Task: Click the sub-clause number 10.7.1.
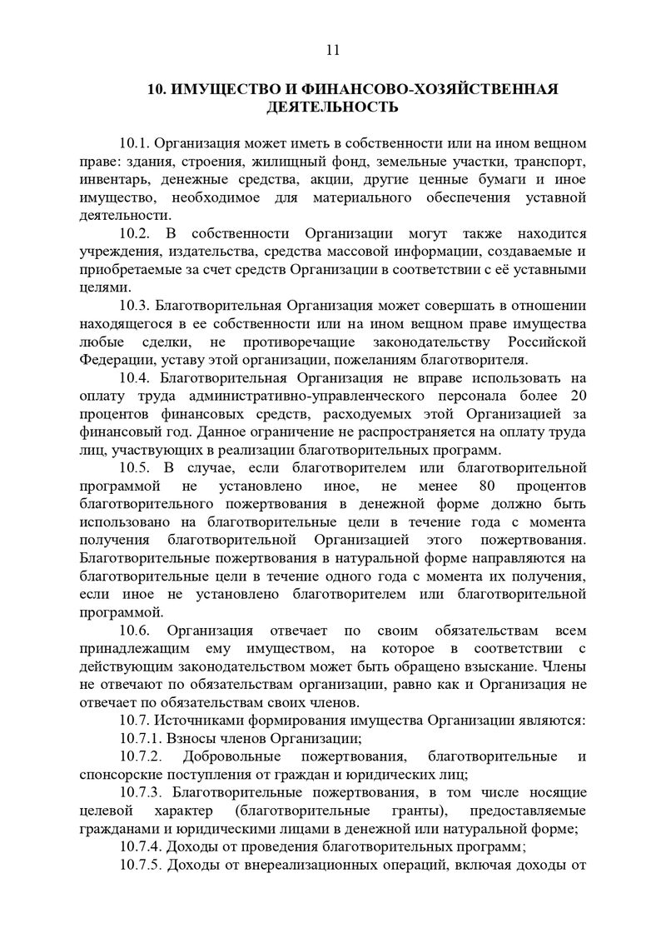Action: coord(141,739)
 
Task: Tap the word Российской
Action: coord(545,342)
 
